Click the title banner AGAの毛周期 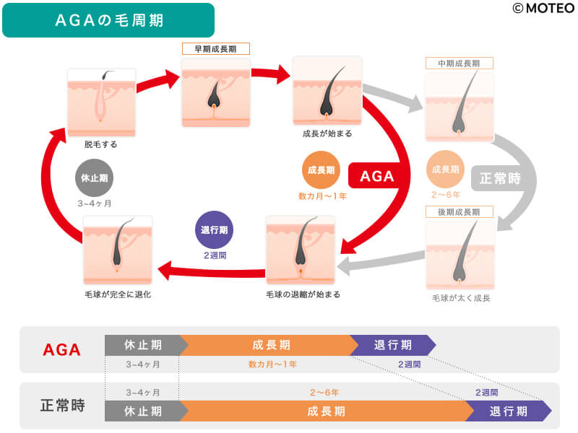click(108, 20)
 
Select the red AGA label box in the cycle click(376, 175)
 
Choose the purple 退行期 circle click(215, 230)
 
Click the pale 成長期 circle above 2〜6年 click(446, 170)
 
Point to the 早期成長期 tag click(215, 49)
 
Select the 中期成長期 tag click(459, 64)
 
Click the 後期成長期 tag click(459, 211)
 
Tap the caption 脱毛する click(100, 144)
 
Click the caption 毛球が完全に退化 click(118, 294)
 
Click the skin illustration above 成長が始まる click(327, 91)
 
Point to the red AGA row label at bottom click(62, 350)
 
